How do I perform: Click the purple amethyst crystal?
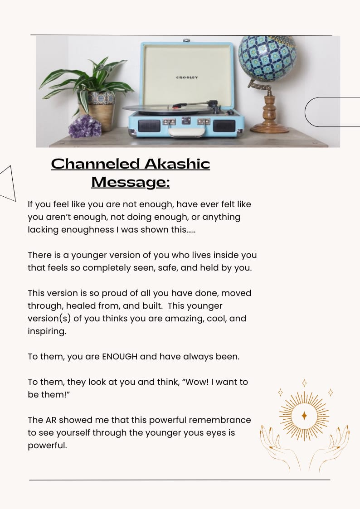click(x=85, y=126)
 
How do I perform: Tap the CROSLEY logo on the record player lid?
click(x=187, y=78)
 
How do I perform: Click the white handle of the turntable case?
click(x=186, y=131)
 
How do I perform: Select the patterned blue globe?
click(x=267, y=58)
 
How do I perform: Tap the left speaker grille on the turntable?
click(x=149, y=126)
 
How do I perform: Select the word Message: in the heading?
click(x=131, y=182)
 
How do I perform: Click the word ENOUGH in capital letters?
click(x=120, y=356)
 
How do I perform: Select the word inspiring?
click(x=47, y=331)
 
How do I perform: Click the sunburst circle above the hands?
click(x=304, y=415)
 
